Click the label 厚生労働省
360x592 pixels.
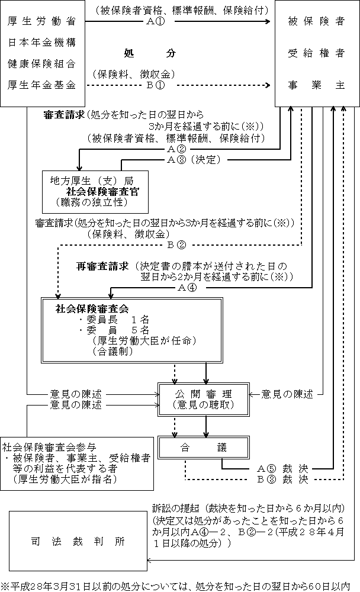(x=42, y=21)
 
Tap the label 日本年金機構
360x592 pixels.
(x=42, y=43)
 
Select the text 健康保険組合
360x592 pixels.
(x=42, y=63)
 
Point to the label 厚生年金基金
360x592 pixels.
(x=42, y=85)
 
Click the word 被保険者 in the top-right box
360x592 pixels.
(x=316, y=21)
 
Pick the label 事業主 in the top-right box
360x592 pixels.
(x=316, y=85)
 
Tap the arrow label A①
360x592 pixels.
(x=156, y=21)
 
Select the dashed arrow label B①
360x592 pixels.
(x=156, y=85)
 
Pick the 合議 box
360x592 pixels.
(x=204, y=448)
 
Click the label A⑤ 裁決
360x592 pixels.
(x=283, y=468)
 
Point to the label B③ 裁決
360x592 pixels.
(x=283, y=479)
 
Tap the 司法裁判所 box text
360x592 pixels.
(x=78, y=542)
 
